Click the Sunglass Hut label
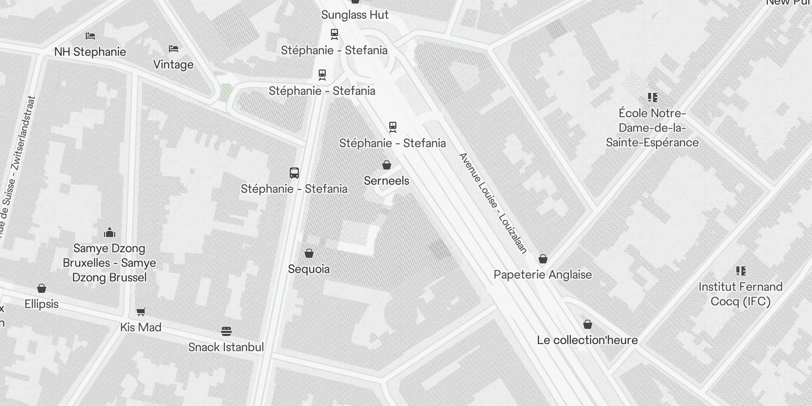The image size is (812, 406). (355, 15)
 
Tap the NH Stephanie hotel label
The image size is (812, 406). (90, 52)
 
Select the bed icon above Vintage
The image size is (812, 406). (174, 49)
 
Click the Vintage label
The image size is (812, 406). (173, 64)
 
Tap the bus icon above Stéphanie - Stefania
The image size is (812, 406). (294, 173)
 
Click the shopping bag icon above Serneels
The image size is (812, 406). (387, 165)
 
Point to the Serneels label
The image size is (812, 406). (387, 181)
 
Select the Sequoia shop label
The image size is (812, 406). (309, 269)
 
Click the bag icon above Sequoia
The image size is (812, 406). (309, 253)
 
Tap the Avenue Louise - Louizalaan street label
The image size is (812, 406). (493, 202)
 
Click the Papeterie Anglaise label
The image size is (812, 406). (543, 275)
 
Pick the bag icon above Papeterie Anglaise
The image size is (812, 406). (543, 259)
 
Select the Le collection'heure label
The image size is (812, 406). (587, 340)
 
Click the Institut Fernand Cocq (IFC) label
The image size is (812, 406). (740, 294)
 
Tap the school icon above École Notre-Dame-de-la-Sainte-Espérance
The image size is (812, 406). (653, 97)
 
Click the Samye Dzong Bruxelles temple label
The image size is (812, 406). (110, 263)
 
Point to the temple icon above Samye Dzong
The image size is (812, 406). (110, 233)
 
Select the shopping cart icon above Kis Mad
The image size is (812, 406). (141, 312)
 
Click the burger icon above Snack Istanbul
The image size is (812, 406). (226, 331)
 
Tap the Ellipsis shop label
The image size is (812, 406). (42, 304)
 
